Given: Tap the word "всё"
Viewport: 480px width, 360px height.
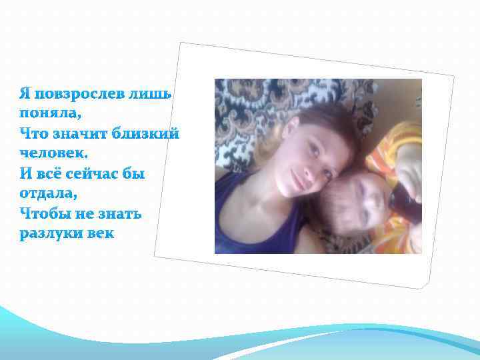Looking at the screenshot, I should (x=49, y=174).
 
